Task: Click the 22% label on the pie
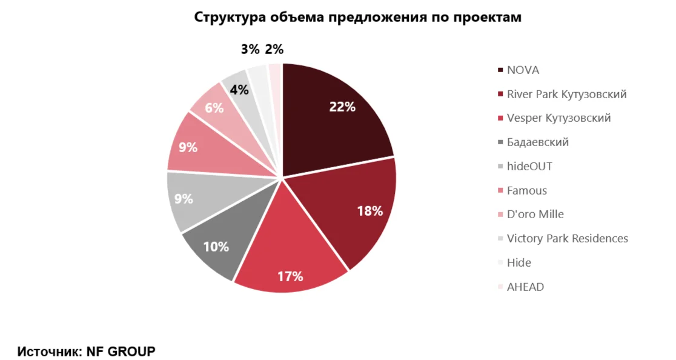(x=342, y=107)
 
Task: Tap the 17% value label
(x=290, y=276)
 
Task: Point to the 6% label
(x=214, y=108)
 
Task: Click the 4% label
(x=239, y=90)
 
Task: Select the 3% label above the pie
(x=250, y=50)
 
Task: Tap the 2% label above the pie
(x=274, y=50)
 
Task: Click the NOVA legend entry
(x=523, y=70)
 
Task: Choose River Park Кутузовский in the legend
(x=566, y=95)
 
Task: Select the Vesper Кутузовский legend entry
(x=558, y=118)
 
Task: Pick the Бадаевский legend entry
(x=537, y=142)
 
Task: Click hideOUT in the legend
(x=529, y=167)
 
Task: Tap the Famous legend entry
(x=526, y=191)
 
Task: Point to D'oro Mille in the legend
(x=535, y=215)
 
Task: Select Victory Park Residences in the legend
(x=567, y=239)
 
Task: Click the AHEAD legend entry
(x=525, y=287)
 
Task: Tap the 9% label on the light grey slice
(x=184, y=198)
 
